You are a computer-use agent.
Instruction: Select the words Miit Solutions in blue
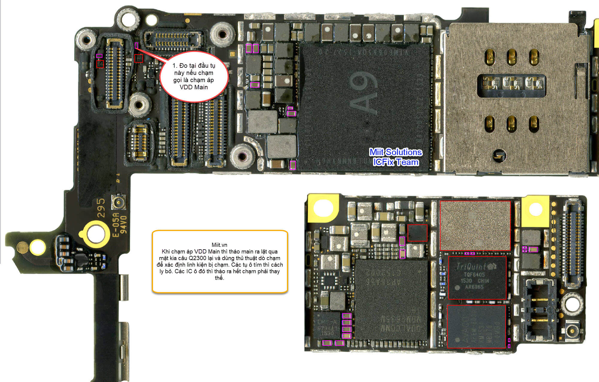395,152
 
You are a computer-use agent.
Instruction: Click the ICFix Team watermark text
396,162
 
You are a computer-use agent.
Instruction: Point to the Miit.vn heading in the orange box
219,245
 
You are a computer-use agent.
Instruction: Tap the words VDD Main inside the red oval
193,87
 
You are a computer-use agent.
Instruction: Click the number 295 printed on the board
101,207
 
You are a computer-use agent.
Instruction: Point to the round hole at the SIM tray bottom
499,156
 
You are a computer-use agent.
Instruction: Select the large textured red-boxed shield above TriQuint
475,225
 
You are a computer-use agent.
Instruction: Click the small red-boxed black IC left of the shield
417,233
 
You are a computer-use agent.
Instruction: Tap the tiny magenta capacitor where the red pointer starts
137,46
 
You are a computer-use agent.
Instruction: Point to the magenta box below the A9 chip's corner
293,165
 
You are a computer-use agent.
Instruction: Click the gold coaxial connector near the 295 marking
119,202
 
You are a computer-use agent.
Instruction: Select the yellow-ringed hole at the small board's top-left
323,208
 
